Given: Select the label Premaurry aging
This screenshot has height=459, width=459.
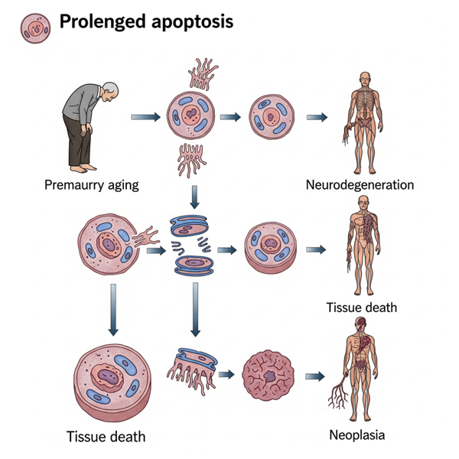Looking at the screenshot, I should point(91,185).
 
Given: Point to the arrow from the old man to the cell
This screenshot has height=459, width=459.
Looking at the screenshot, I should point(145,118).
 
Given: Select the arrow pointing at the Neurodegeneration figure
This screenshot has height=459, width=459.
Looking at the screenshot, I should point(317,118).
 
